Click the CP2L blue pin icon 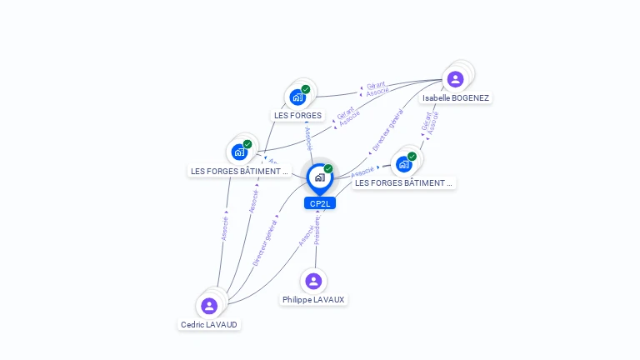click(319, 177)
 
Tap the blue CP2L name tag click(319, 203)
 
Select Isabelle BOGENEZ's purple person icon click(455, 79)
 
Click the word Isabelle click(437, 97)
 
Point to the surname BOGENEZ click(470, 97)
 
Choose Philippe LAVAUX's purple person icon click(313, 281)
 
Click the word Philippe click(296, 299)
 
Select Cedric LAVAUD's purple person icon click(209, 306)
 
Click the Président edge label click(318, 230)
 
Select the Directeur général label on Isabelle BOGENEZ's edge click(388, 131)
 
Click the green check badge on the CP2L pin click(328, 168)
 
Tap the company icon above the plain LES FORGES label click(297, 97)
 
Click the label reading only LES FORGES click(297, 115)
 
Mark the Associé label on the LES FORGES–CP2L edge click(308, 138)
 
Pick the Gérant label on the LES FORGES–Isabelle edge click(376, 85)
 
